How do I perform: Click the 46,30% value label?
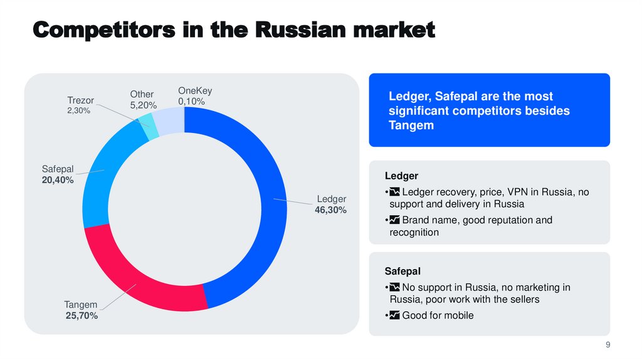click(330, 210)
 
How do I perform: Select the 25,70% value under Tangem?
click(82, 316)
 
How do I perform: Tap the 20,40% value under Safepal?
click(58, 180)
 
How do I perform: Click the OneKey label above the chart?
click(195, 90)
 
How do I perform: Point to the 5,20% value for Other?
click(143, 105)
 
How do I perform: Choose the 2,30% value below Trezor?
click(79, 110)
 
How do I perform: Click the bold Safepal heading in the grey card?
click(403, 271)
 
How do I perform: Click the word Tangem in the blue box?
click(411, 125)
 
